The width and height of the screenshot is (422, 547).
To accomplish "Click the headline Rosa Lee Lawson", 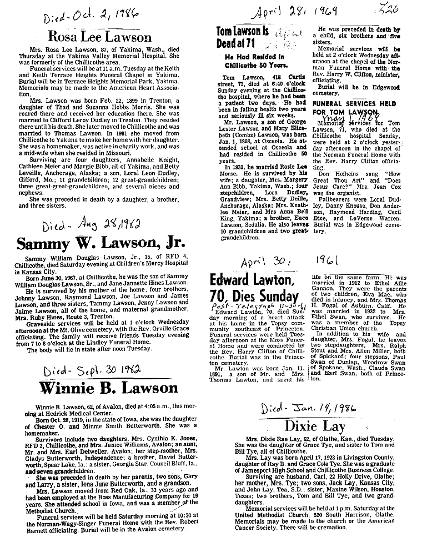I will (x=99, y=38).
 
